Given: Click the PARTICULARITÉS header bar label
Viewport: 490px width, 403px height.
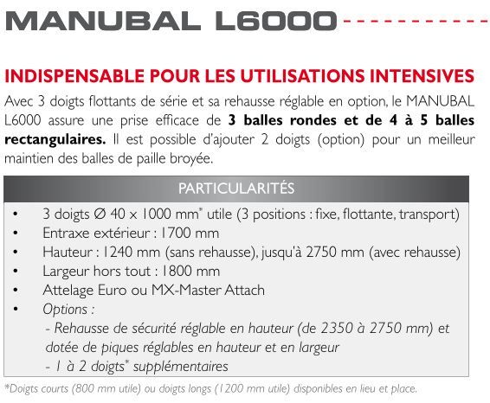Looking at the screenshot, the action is [236, 189].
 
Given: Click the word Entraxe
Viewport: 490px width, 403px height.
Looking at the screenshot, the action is [67, 233].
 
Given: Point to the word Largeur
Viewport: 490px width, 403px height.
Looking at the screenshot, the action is [67, 272].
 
